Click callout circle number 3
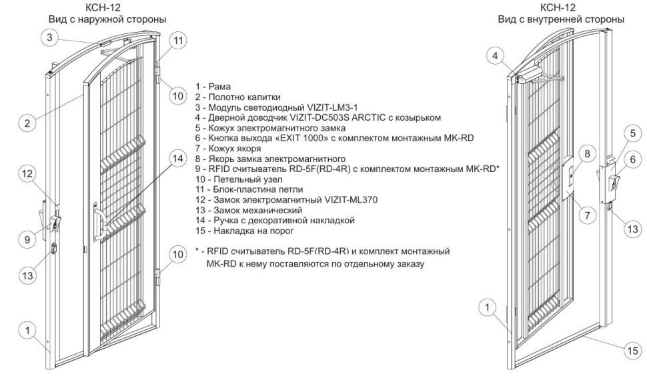pos(48,38)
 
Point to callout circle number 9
pos(27,240)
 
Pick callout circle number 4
pos(494,57)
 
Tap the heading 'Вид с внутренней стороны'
pos(562,19)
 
